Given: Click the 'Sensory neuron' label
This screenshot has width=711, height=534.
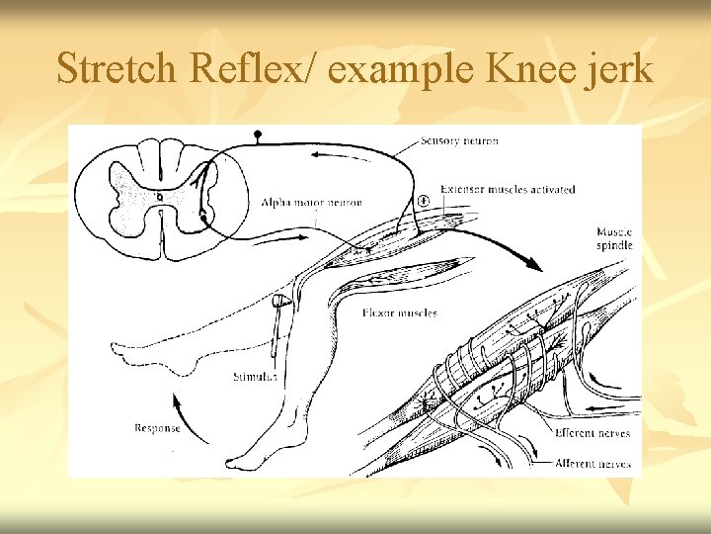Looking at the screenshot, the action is click(460, 141).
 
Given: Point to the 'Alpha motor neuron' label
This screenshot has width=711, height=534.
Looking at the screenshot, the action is click(312, 203).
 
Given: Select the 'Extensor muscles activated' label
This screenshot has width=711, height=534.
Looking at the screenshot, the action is click(508, 189).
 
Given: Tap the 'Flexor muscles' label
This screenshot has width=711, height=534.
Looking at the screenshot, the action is click(396, 313).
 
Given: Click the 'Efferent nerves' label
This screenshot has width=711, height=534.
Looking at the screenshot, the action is click(592, 433).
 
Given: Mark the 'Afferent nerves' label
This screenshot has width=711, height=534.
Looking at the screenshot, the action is click(592, 462).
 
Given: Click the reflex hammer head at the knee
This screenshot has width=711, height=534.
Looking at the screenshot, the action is click(280, 300).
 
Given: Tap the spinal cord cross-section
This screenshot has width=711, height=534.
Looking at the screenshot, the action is click(160, 197).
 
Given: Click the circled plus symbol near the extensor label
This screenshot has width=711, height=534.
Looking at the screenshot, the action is click(424, 200).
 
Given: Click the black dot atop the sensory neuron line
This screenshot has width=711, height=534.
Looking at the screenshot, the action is click(259, 133).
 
